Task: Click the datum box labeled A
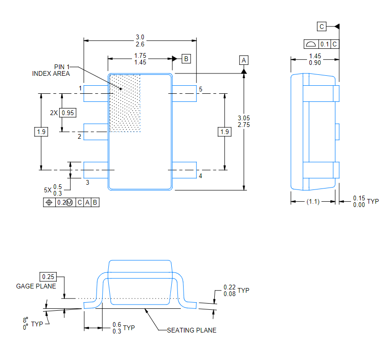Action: point(244,60)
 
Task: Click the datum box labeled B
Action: point(186,59)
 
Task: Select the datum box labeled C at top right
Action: point(322,27)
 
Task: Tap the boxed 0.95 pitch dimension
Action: point(68,113)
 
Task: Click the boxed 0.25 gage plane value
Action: point(48,277)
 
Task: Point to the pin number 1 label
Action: point(80,88)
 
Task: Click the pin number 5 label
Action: point(201,89)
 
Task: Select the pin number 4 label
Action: point(201,176)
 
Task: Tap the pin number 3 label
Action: point(88,182)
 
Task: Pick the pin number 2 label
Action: point(79,136)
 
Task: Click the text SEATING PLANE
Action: point(192,330)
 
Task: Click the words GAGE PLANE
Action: point(36,286)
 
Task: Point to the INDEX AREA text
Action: point(51,73)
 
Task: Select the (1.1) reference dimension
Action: point(313,202)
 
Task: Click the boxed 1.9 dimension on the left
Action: point(41,132)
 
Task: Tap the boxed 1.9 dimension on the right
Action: point(225,132)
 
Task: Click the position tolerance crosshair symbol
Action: point(49,202)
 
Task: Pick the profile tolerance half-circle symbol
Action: point(311,44)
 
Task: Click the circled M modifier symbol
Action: point(70,203)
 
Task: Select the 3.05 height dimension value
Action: point(244,118)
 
